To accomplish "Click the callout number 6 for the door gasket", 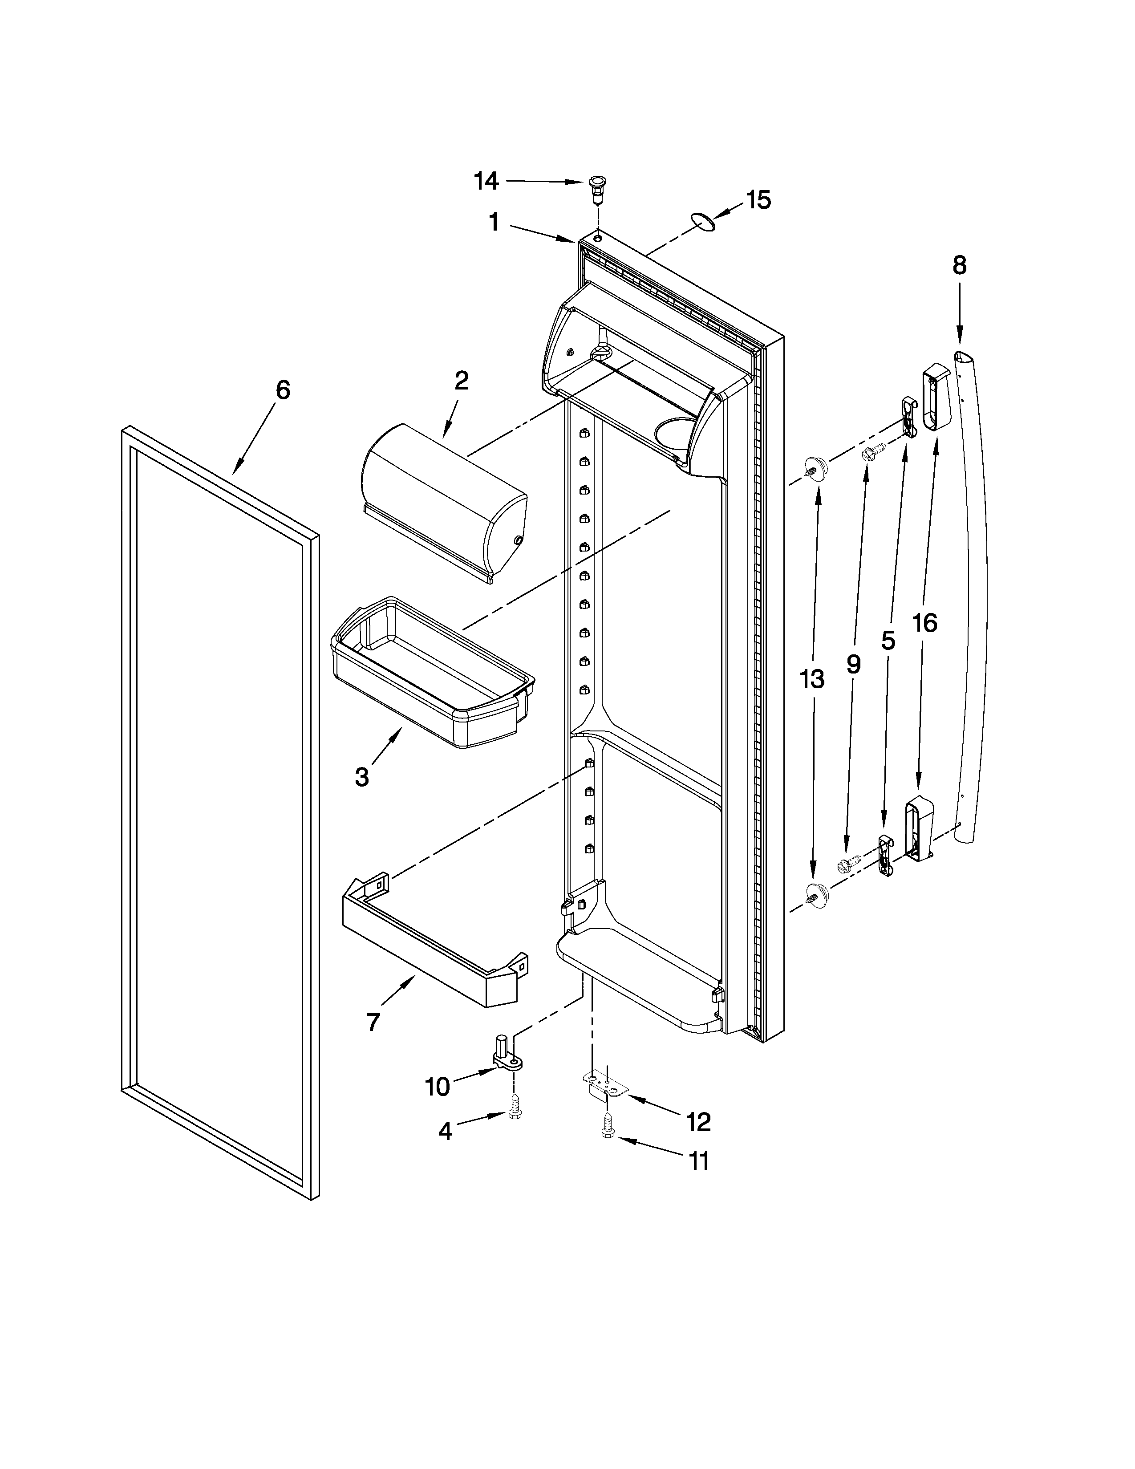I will pos(283,390).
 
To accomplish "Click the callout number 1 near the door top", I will pos(494,222).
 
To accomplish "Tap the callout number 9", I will pos(853,665).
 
